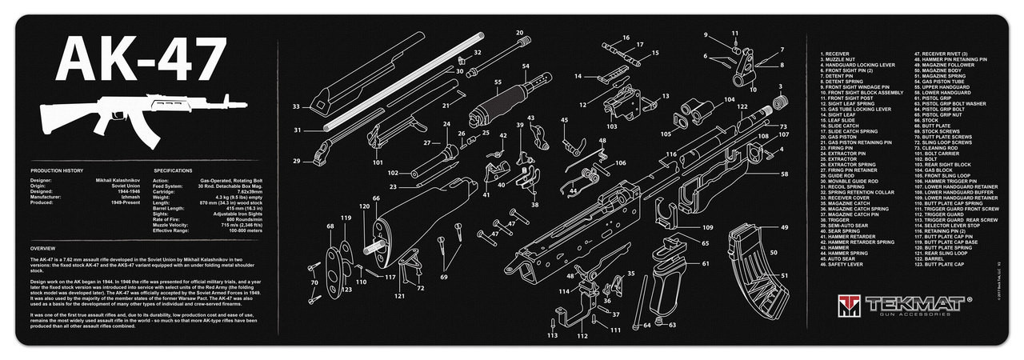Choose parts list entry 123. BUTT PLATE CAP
[933, 264]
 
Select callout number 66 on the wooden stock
[375, 198]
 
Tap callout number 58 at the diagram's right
[784, 174]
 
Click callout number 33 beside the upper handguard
[296, 106]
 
